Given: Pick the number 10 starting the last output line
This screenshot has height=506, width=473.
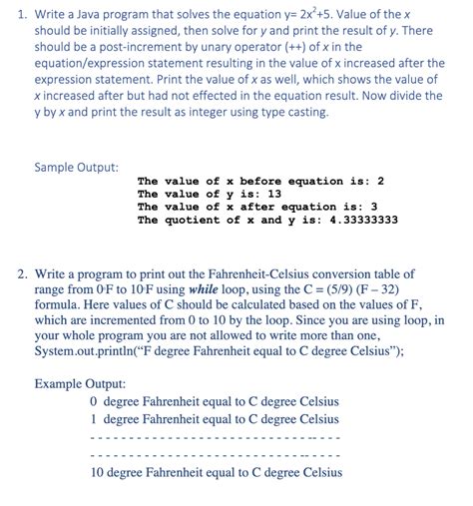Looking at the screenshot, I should tap(97, 472).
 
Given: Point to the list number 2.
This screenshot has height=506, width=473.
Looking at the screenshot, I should tap(21, 273).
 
